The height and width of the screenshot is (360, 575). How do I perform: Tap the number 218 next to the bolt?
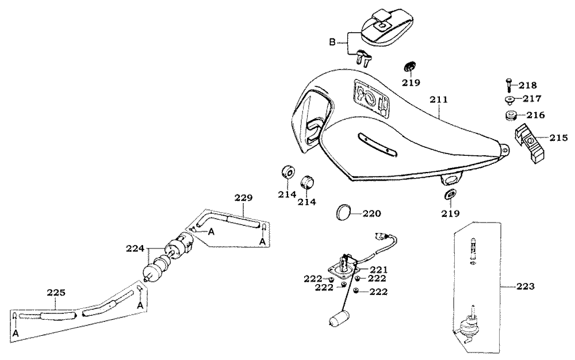coord(527,85)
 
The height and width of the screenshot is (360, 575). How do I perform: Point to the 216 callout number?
coord(534,115)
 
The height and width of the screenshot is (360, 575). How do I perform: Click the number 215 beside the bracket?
coord(558,138)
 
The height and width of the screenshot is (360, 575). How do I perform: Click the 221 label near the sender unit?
coord(379,269)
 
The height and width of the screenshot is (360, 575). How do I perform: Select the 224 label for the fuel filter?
coord(135,248)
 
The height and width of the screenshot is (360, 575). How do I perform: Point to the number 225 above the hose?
coord(56,293)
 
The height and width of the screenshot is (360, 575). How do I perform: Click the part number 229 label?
coord(243,198)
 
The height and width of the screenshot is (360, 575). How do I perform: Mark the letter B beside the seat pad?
coord(332,42)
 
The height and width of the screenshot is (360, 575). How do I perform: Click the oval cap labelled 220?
coord(344,212)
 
